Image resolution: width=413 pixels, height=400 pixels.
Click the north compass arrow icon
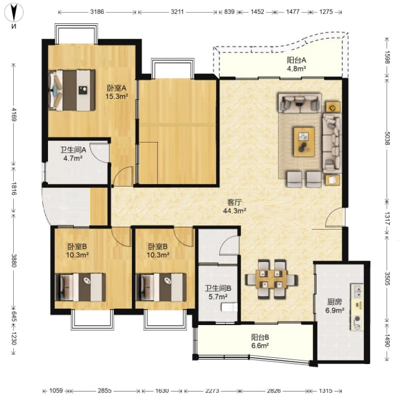point(14,12)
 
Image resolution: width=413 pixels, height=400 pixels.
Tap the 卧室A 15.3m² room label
point(117,92)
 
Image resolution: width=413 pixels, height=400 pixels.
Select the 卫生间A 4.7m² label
point(73,154)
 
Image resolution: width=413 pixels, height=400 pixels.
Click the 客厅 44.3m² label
point(234,206)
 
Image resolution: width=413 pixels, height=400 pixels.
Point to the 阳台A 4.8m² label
point(296,64)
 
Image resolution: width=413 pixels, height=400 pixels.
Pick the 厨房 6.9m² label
point(334,306)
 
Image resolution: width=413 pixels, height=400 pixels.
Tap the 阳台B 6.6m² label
point(260,341)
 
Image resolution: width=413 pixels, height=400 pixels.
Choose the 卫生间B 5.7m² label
point(218,292)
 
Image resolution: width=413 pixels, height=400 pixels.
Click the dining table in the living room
point(271,279)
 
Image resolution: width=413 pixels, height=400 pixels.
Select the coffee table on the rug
point(304,142)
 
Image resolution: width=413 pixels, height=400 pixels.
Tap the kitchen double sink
point(357,291)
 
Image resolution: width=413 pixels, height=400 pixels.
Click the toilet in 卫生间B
point(229,307)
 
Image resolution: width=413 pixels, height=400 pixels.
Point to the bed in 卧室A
point(72,90)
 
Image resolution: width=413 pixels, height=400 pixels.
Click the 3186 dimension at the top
point(97,12)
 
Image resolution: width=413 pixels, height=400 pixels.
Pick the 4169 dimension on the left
point(14,115)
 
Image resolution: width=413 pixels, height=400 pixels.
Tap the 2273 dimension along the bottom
point(212,391)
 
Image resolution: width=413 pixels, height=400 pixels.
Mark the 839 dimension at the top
point(229,12)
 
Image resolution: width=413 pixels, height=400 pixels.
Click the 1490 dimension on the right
point(388,341)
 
